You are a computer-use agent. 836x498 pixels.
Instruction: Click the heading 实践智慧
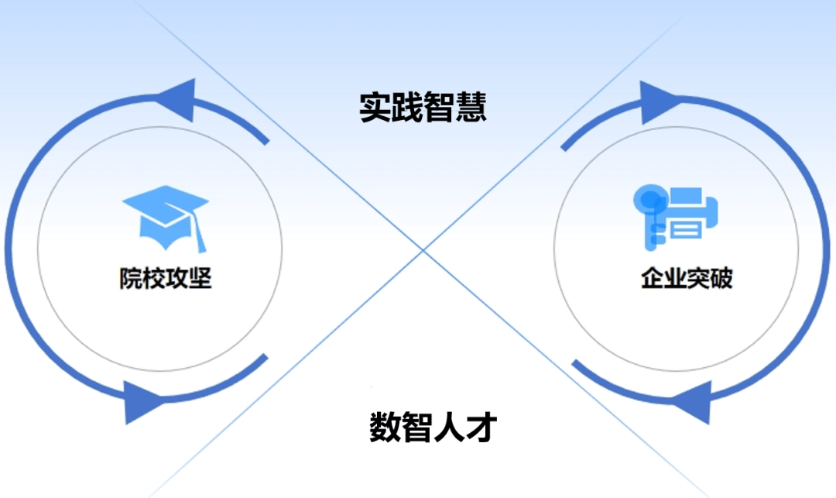pos(423,107)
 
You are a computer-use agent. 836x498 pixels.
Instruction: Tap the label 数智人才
pos(433,427)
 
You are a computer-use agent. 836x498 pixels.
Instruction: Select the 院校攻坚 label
pos(166,278)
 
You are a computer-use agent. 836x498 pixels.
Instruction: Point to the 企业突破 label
pos(687,278)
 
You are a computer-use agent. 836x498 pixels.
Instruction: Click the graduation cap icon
pos(166,218)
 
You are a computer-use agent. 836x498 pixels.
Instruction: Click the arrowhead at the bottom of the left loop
pos(144,402)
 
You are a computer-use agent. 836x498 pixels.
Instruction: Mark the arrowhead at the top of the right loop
pos(660,102)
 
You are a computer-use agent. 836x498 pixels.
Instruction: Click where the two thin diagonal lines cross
pos(423,249)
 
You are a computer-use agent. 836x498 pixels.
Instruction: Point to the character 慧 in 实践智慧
pos(471,107)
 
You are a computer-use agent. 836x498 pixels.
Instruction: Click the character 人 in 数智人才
pos(450,427)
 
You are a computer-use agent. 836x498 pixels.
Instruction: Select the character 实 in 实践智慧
pos(375,107)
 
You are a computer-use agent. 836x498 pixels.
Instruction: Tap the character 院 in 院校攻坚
pos(131,278)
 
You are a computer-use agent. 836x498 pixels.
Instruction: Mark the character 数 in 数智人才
pos(385,427)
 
